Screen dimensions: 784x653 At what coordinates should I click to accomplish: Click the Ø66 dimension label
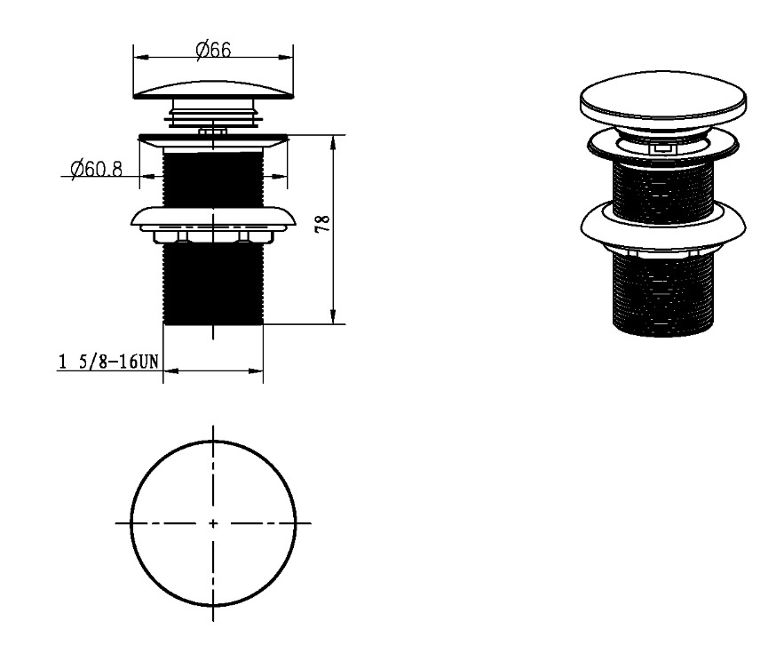tap(213, 50)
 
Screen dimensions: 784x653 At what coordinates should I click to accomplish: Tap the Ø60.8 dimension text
tap(96, 169)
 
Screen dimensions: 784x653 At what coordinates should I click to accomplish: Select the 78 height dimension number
tap(323, 223)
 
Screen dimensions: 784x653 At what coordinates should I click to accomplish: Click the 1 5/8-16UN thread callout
tap(108, 361)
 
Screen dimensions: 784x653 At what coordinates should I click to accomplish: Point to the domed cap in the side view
tap(213, 89)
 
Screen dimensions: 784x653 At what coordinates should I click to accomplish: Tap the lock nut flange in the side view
tap(213, 219)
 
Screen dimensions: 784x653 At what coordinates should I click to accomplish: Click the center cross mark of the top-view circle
tap(213, 523)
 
